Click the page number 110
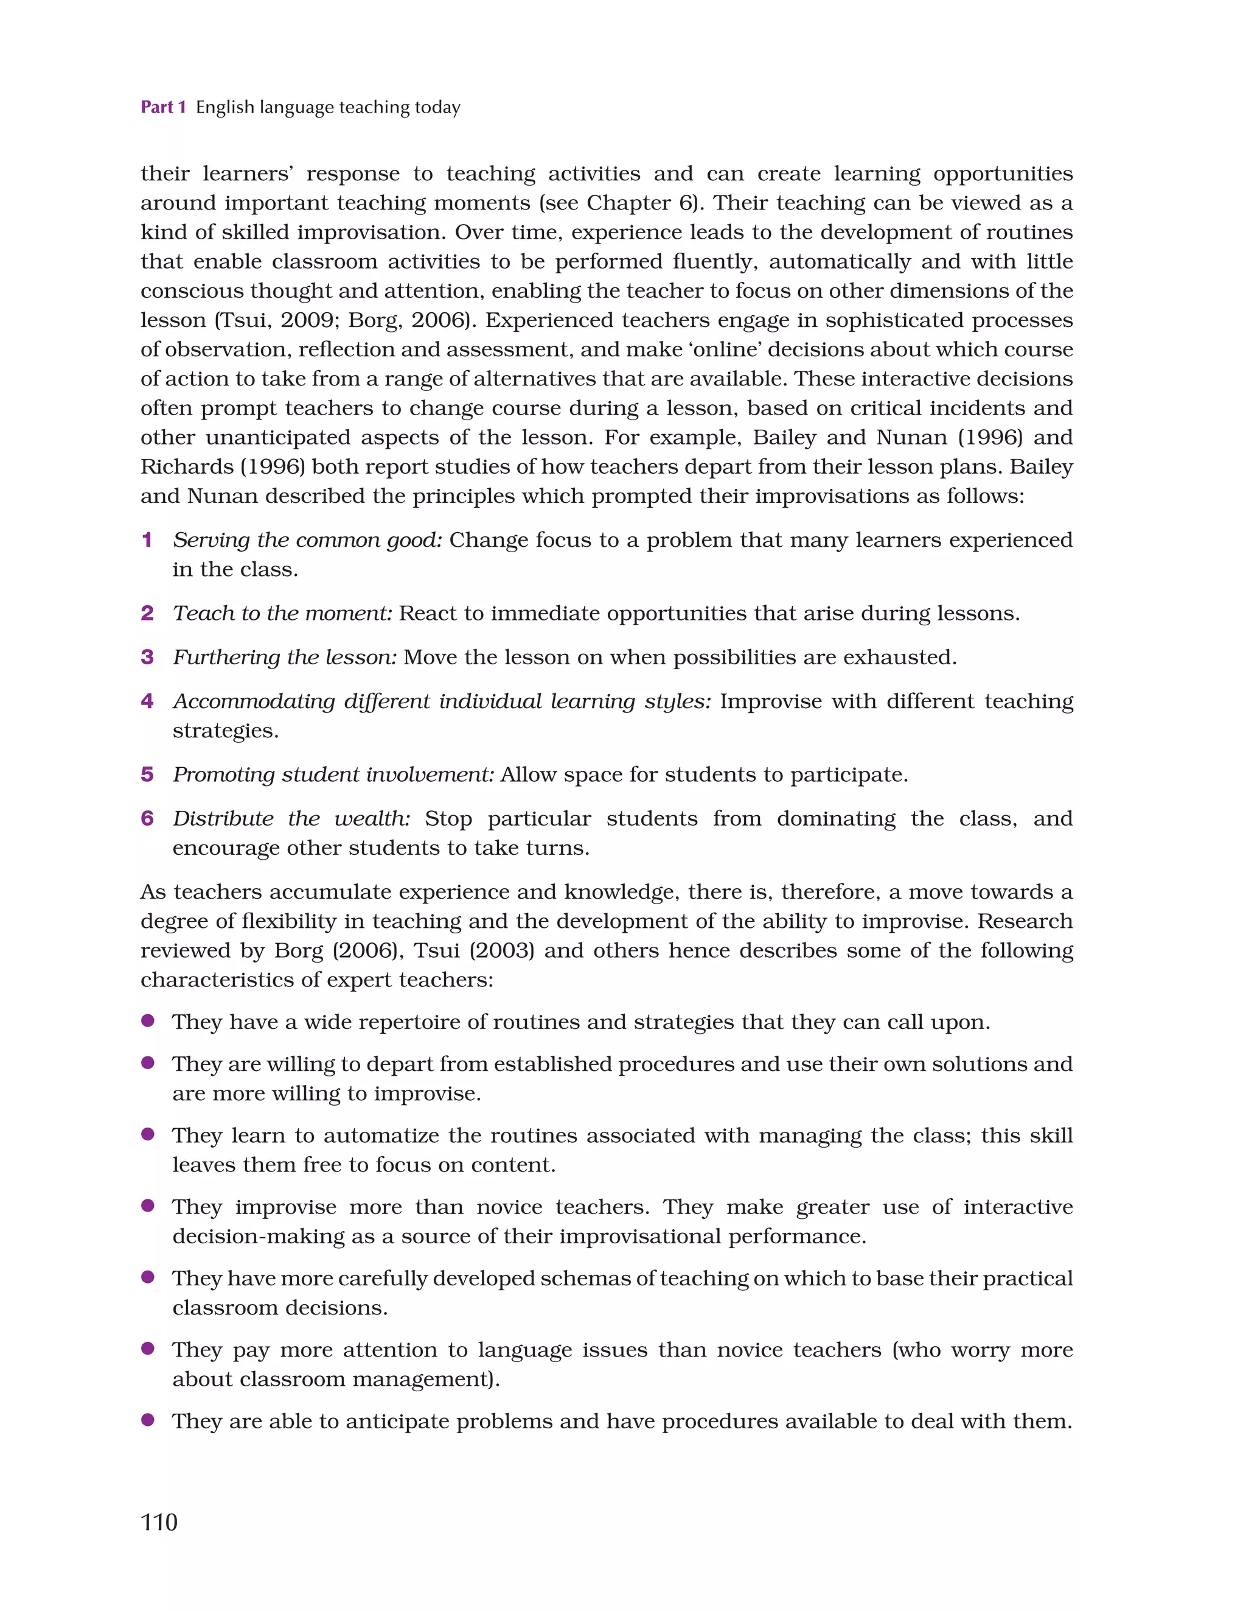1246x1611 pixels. pos(159,1521)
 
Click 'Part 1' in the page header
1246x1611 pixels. pos(163,107)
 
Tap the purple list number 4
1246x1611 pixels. pos(147,701)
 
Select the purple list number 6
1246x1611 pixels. pos(147,818)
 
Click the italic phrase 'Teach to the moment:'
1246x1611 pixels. pos(282,613)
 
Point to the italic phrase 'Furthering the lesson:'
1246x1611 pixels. pos(285,656)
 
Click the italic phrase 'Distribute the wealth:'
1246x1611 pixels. pos(291,818)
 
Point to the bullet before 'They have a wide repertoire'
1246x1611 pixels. pos(147,1021)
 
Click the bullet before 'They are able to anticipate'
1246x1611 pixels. pos(147,1420)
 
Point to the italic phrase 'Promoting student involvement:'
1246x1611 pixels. pos(333,774)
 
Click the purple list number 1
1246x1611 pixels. pos(147,540)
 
